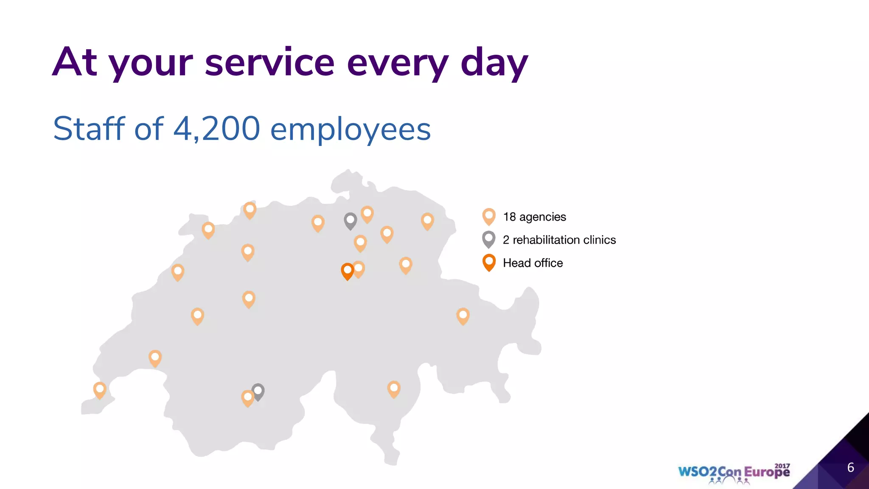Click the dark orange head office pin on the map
(347, 271)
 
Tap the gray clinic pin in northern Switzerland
(350, 221)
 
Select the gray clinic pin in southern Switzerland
(258, 391)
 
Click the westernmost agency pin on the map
(100, 390)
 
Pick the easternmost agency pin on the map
(463, 316)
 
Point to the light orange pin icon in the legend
(489, 216)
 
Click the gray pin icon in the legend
(489, 239)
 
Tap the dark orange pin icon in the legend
(489, 262)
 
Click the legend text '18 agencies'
(534, 217)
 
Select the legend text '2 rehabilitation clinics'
(559, 240)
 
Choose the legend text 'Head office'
(533, 263)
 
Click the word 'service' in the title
(270, 63)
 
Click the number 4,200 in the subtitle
(216, 129)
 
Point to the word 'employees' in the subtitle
(350, 130)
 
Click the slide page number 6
(850, 467)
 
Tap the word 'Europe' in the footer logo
(767, 472)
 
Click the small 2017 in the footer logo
(782, 466)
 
